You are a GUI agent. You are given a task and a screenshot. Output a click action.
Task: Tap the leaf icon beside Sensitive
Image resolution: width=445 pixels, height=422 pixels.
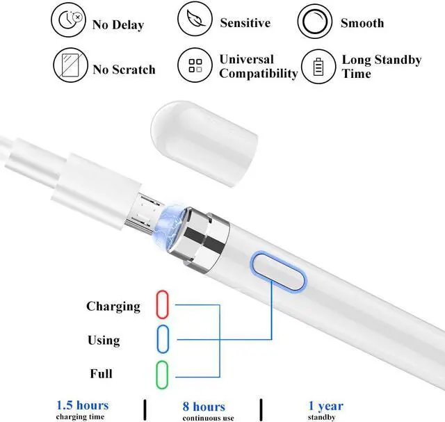[195, 21]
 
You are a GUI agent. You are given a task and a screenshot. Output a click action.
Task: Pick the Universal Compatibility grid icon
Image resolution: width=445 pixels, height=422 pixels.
[195, 66]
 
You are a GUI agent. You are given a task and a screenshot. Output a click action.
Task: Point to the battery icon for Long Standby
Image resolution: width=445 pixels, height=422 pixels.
[318, 66]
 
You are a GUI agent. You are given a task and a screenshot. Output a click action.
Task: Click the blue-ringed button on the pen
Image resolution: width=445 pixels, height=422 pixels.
[279, 273]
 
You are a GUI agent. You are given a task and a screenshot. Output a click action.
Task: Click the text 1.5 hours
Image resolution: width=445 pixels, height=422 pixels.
[83, 405]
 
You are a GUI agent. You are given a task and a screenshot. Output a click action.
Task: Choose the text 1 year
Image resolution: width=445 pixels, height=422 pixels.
[326, 405]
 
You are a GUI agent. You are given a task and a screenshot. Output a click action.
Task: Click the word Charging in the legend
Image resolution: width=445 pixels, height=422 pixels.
[113, 306]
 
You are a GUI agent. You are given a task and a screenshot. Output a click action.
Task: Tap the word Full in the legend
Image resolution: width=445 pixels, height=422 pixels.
[101, 373]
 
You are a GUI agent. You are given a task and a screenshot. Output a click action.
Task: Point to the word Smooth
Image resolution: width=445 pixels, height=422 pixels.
[362, 23]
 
